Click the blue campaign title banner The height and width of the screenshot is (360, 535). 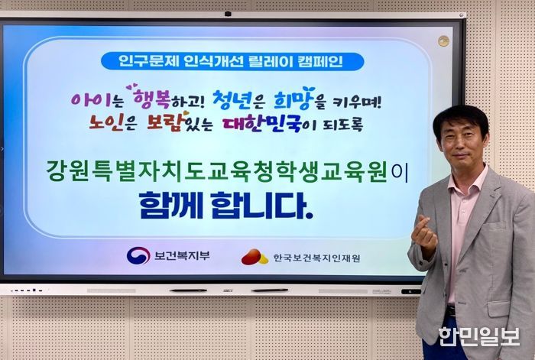click(x=232, y=61)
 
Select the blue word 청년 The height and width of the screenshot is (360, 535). click(x=232, y=99)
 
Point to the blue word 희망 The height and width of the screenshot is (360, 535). click(x=293, y=99)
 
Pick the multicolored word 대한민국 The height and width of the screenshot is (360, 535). click(x=261, y=124)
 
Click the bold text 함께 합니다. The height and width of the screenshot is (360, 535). click(x=226, y=206)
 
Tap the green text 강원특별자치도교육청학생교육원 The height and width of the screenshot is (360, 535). click(x=217, y=172)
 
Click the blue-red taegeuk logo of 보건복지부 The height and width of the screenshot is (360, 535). click(x=138, y=255)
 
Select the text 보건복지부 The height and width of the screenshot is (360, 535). click(x=182, y=255)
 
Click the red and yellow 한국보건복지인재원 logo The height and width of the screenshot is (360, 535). click(x=255, y=257)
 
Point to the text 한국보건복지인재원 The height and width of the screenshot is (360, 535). click(x=316, y=258)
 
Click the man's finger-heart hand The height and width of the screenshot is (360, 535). click(x=424, y=236)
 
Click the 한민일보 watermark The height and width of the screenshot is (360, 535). click(x=479, y=337)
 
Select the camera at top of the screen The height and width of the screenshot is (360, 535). click(x=228, y=14)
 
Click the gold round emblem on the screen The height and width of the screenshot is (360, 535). click(x=443, y=41)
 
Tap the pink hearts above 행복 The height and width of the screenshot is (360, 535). click(x=132, y=86)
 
